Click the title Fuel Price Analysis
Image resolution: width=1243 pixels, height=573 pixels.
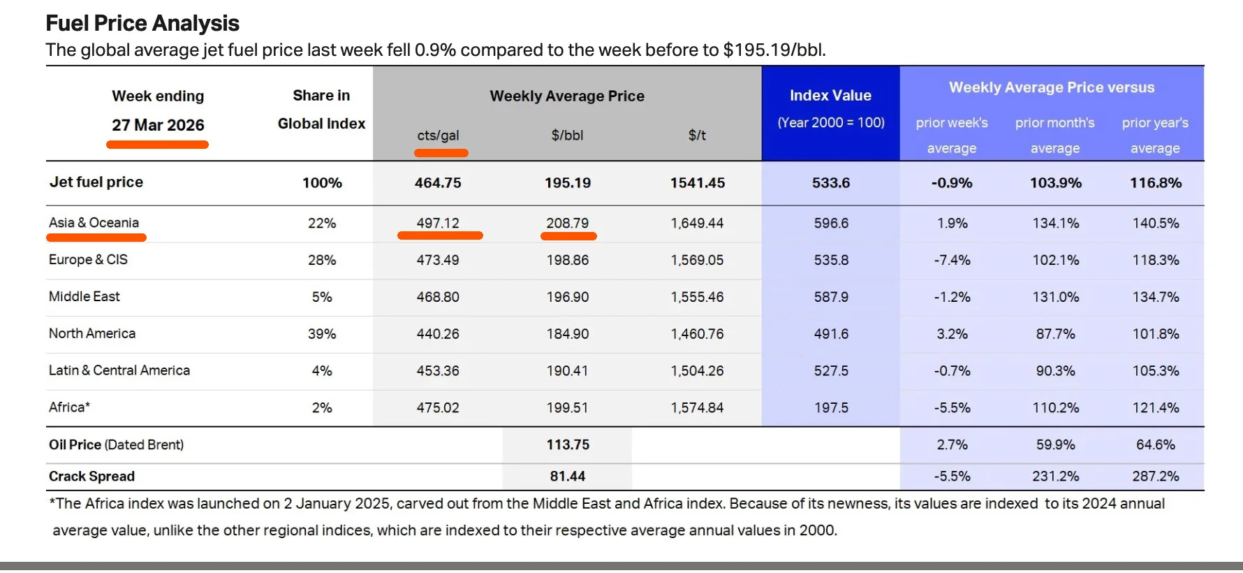(142, 23)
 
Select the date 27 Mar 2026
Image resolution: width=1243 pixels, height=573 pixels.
(158, 125)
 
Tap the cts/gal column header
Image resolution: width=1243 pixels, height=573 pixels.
(438, 135)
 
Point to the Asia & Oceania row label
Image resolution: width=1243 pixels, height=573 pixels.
(94, 223)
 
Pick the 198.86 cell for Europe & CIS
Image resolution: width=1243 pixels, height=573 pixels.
(567, 260)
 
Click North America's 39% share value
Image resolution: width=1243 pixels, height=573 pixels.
(322, 334)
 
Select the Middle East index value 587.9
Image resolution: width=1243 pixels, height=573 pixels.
(831, 297)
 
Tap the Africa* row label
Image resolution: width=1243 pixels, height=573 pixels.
(69, 407)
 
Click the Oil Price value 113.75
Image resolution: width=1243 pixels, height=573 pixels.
(568, 445)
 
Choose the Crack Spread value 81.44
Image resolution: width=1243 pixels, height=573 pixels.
(567, 477)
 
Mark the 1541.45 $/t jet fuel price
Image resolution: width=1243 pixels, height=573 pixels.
(697, 183)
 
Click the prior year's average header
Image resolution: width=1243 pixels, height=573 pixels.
(1155, 135)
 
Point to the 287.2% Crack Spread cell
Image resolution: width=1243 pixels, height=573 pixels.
(1155, 477)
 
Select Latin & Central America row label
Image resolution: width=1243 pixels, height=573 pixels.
(119, 370)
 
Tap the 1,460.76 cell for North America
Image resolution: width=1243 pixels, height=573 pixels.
(697, 334)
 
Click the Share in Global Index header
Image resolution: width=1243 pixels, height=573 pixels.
(321, 110)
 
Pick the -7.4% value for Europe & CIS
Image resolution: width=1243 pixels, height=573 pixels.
(952, 260)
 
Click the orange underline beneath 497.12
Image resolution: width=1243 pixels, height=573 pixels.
(440, 236)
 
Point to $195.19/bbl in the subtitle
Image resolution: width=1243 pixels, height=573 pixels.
(774, 50)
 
